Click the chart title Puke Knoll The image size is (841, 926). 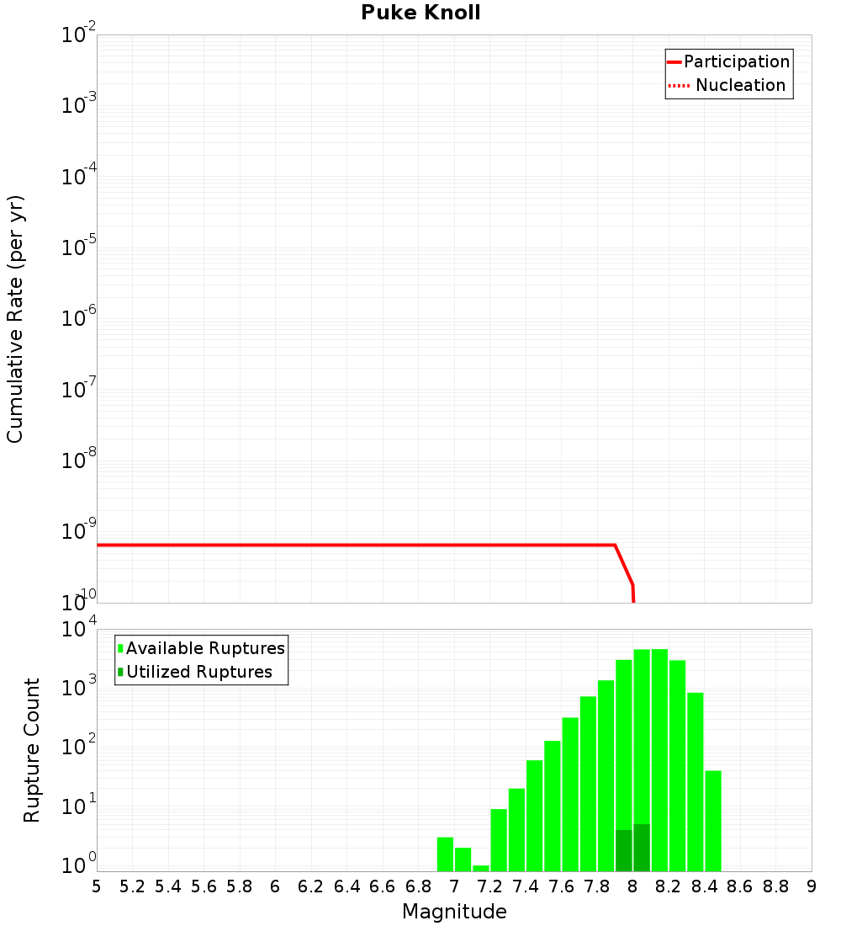(420, 13)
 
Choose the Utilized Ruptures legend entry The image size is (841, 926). (198, 672)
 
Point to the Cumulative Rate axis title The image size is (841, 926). (15, 318)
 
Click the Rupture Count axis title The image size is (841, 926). (32, 750)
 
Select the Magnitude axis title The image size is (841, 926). (454, 912)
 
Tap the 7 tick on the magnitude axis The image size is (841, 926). (454, 886)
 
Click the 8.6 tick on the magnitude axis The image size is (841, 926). (740, 886)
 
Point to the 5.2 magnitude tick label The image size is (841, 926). (132, 886)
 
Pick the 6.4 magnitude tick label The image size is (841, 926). (346, 886)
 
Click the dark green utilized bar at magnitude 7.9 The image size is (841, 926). (624, 850)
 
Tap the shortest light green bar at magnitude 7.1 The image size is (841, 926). (481, 868)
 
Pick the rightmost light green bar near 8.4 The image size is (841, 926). (713, 821)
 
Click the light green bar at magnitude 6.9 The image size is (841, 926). (445, 854)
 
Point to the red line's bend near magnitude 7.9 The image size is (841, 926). (615, 545)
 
